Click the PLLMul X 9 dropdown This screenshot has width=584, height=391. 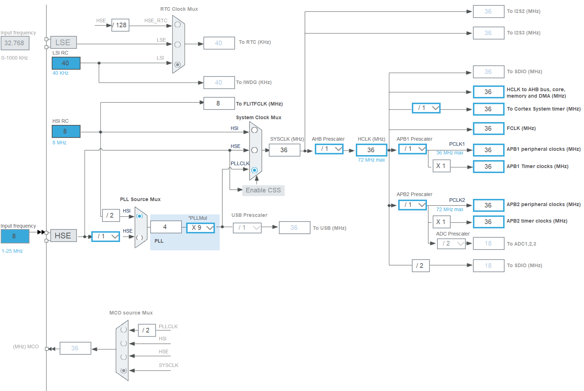tap(201, 228)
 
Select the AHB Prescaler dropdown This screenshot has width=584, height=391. tap(329, 149)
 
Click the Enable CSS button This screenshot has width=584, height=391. tap(263, 190)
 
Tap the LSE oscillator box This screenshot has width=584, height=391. tap(63, 42)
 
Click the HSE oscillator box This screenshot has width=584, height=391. tap(63, 236)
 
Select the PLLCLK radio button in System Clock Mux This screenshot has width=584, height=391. tap(254, 170)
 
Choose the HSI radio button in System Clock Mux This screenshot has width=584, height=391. tap(254, 130)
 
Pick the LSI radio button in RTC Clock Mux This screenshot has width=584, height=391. tap(178, 64)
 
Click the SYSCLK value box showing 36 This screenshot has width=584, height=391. tap(284, 150)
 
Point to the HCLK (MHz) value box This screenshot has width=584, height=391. tap(371, 150)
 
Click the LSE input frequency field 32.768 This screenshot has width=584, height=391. tap(15, 43)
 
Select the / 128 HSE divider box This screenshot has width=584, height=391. tap(120, 25)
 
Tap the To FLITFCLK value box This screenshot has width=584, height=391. tap(219, 103)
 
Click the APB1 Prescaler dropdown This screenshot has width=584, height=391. tap(413, 149)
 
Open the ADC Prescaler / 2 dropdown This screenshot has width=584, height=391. tap(451, 243)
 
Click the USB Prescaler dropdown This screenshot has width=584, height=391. tap(247, 228)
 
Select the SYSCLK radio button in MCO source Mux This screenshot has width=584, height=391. tap(124, 371)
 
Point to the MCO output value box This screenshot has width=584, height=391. tap(75, 348)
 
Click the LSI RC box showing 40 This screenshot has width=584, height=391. tap(66, 63)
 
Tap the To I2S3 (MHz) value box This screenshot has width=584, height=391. tap(488, 33)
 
